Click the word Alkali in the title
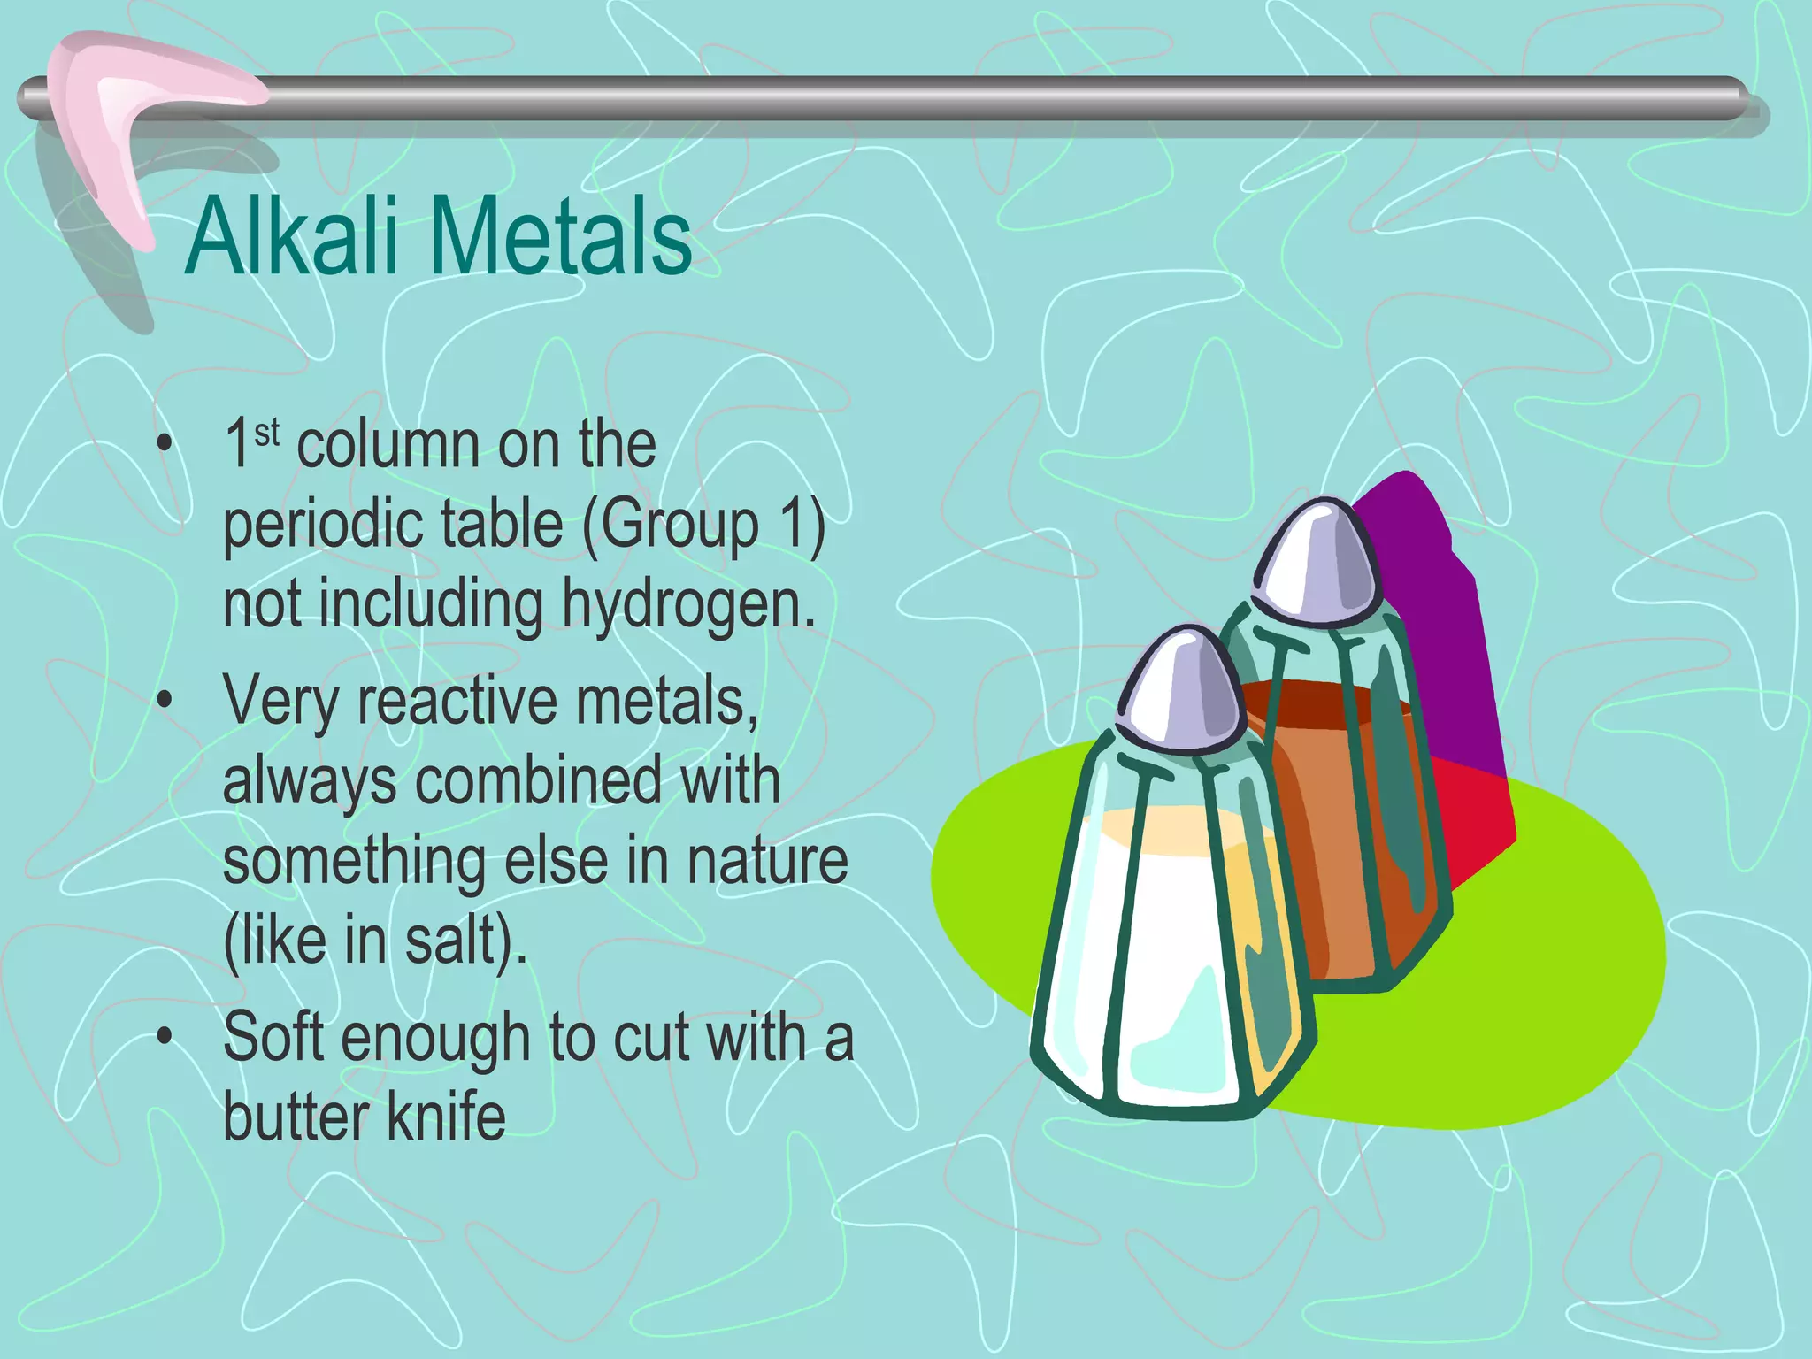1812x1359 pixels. pyautogui.click(x=292, y=237)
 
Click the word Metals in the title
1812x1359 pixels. pyautogui.click(x=561, y=237)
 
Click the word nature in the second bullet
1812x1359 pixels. pyautogui.click(x=767, y=861)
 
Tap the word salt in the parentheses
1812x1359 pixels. pyautogui.click(x=448, y=941)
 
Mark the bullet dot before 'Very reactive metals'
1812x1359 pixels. pyautogui.click(x=165, y=701)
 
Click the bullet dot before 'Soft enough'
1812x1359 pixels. pyautogui.click(x=165, y=1037)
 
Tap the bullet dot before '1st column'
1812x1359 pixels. pyautogui.click(x=165, y=445)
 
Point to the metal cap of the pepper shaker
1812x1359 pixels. pyautogui.click(x=1318, y=566)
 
